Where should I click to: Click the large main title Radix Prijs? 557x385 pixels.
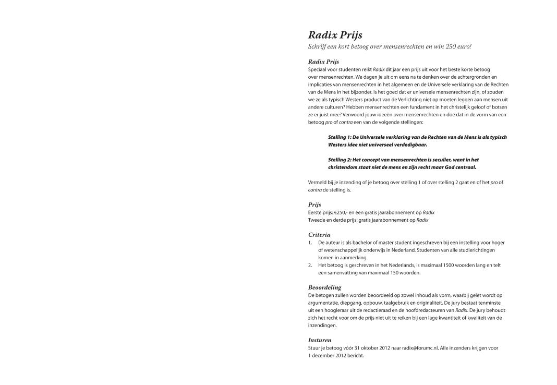click(x=335, y=35)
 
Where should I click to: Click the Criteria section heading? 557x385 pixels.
click(x=319, y=235)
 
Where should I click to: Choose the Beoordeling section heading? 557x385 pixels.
click(x=324, y=287)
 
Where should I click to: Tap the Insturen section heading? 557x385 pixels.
click(x=320, y=340)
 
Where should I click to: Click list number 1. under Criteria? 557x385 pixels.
click(x=310, y=243)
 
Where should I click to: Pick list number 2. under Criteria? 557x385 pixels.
click(x=310, y=265)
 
